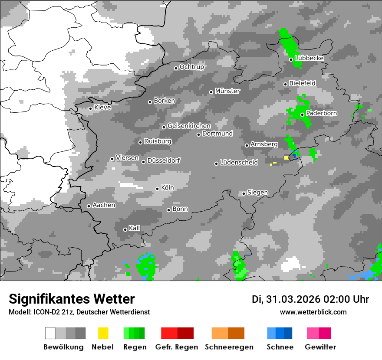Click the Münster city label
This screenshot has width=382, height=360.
coord(227,91)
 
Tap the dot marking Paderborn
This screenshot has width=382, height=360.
coord(302,115)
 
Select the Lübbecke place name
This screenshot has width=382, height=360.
coord(310,58)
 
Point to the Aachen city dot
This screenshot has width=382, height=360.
coord(89,206)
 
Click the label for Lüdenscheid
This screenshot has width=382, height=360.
coord(239,163)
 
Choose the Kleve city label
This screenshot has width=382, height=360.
coord(103,108)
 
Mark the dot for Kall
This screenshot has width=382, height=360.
coord(125,229)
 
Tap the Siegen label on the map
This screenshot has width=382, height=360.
coord(258,193)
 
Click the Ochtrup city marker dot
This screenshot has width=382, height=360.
coord(176,68)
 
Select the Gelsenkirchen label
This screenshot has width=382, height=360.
coord(189,126)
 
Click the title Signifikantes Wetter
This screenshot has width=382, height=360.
coord(72,299)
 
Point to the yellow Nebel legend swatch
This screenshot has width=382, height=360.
coord(103,333)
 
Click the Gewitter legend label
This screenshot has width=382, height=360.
coord(320,347)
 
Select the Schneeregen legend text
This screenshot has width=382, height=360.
coord(229,347)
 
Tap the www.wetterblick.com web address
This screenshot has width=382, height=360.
coord(313,312)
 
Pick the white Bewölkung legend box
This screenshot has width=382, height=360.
coord(50,333)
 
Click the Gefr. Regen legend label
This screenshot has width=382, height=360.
coord(177,347)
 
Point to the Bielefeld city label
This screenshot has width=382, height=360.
coord(303,83)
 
